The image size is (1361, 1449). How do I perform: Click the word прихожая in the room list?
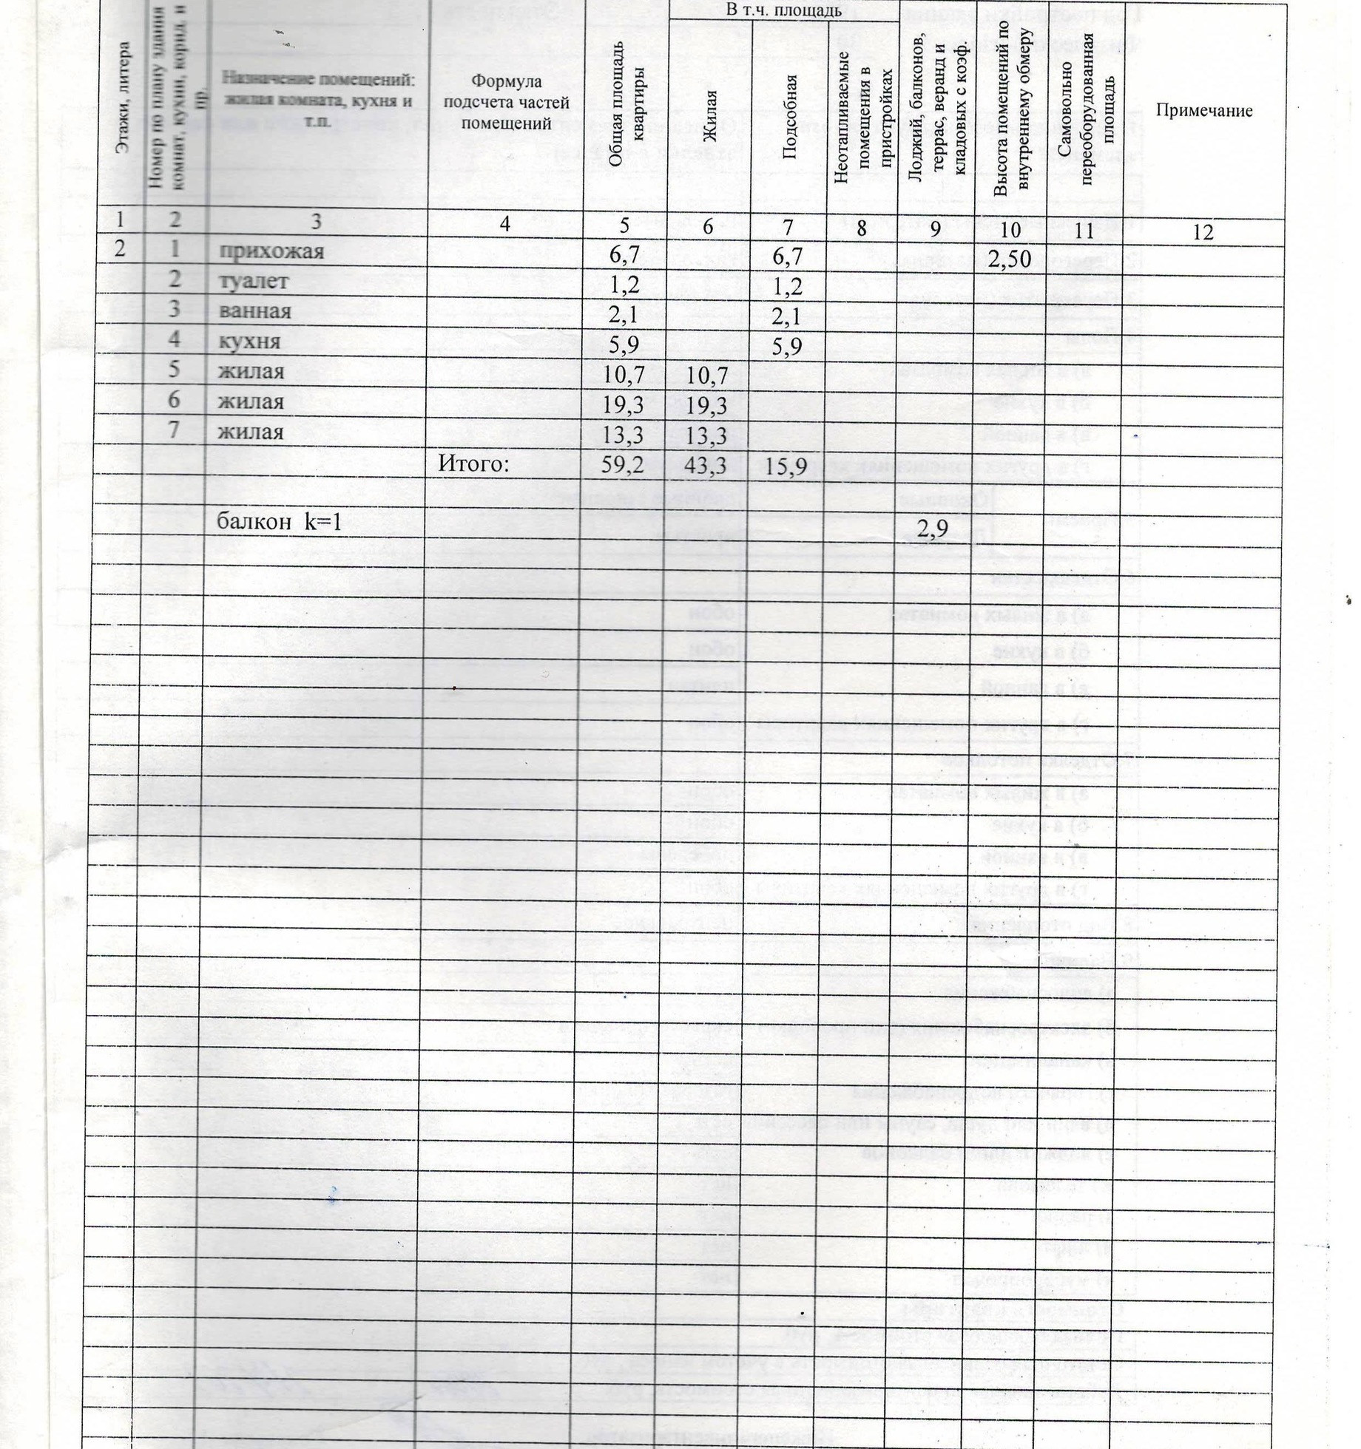tap(271, 251)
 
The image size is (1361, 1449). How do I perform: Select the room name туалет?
tap(254, 282)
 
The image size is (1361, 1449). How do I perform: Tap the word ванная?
tap(255, 310)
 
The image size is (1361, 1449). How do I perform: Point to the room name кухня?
tap(250, 342)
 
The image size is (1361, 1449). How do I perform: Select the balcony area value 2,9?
tap(933, 528)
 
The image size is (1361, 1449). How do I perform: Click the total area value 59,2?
tap(623, 466)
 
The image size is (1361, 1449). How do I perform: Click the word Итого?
tap(474, 464)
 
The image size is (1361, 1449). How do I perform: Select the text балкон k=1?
tap(279, 523)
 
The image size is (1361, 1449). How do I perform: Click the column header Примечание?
tap(1204, 111)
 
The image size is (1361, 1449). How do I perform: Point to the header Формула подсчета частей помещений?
tap(506, 102)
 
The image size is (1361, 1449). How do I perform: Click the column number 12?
tap(1203, 232)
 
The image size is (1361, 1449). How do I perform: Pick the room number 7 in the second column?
tap(174, 430)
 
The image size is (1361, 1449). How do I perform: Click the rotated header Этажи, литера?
tap(124, 96)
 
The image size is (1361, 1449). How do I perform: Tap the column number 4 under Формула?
tap(504, 223)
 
